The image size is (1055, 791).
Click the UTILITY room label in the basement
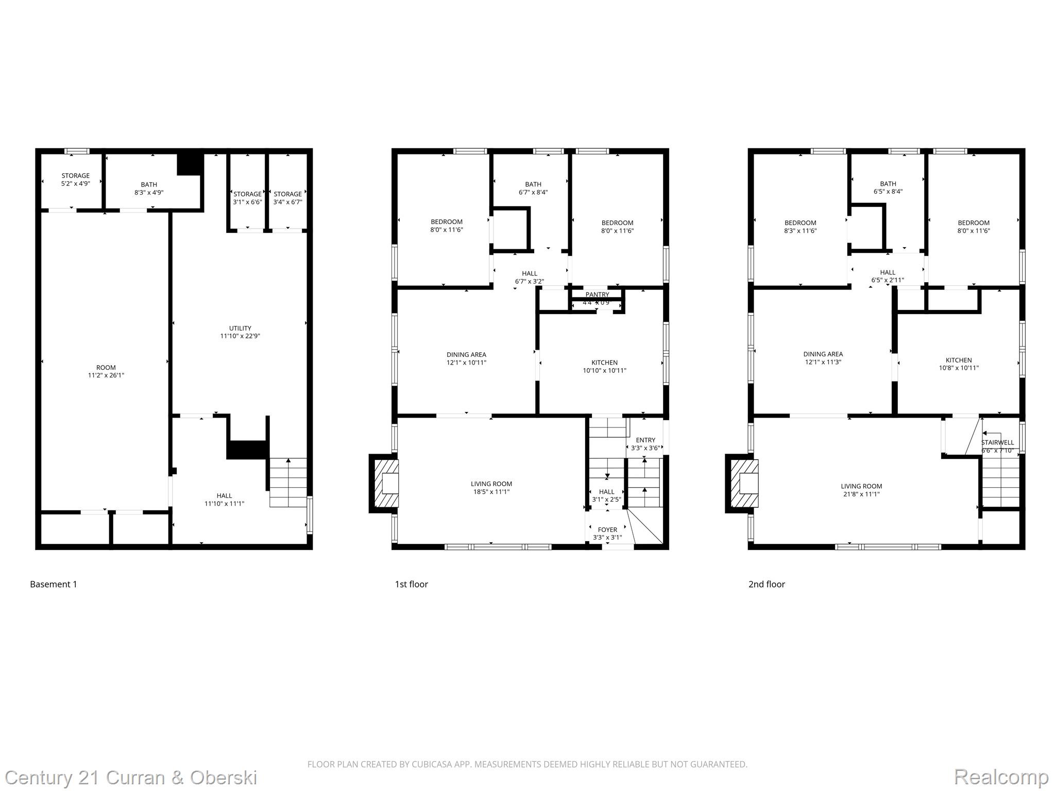tap(240, 332)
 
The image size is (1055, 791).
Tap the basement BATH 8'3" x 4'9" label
tap(149, 188)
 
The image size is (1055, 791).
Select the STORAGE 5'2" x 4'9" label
tap(75, 179)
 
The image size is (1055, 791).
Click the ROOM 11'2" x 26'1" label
tap(106, 371)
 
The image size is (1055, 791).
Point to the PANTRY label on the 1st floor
tap(597, 295)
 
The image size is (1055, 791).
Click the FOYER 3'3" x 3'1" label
tap(607, 534)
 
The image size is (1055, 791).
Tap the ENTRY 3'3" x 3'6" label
tap(645, 444)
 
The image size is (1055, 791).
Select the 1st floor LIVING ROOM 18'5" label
tap(491, 488)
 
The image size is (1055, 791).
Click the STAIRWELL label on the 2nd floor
tap(997, 443)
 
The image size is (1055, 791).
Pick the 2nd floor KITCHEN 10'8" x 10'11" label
tap(959, 364)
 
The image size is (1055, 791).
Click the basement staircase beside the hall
tap(288, 483)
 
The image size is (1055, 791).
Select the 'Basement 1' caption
tap(54, 584)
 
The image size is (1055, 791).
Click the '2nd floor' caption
tap(767, 584)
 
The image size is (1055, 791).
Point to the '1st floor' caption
tap(411, 584)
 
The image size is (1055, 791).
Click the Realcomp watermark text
tap(1001, 777)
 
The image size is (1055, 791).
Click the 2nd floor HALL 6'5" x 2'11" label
tap(888, 276)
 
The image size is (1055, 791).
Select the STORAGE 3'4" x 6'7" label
tap(287, 198)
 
